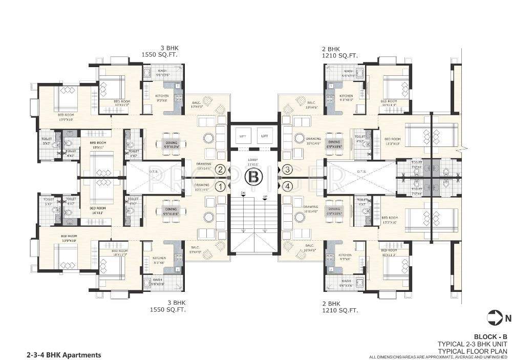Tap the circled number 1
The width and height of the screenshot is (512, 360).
221,186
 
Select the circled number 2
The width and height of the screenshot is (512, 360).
221,170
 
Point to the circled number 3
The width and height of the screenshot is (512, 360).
288,170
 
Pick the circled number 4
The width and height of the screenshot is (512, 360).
288,186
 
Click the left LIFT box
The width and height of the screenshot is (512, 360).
243,136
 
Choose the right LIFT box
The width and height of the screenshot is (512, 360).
265,136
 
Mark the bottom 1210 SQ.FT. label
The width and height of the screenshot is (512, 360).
340,310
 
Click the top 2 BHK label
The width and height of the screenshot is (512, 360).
331,48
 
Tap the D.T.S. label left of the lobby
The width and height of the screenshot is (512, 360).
153,172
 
